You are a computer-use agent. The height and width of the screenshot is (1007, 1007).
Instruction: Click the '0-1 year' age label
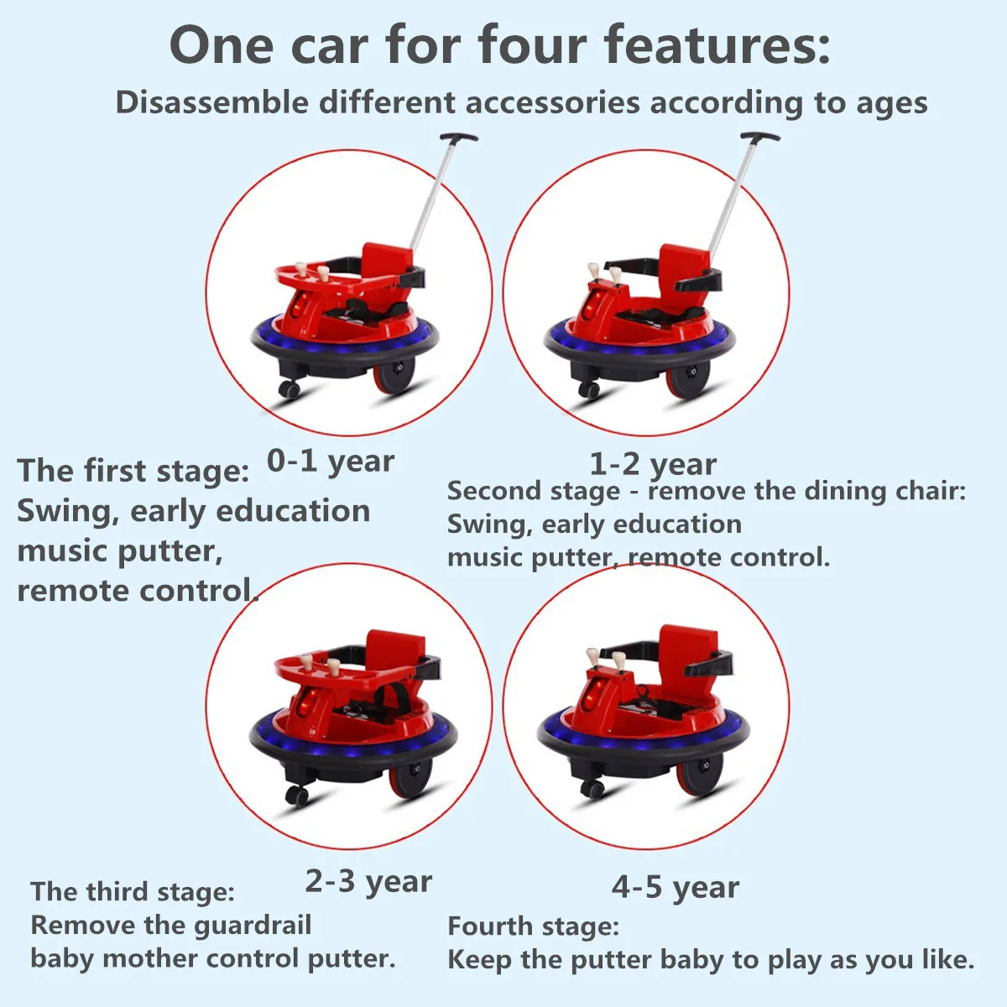pyautogui.click(x=331, y=462)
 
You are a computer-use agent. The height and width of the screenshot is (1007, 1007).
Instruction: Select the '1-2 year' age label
pyautogui.click(x=653, y=465)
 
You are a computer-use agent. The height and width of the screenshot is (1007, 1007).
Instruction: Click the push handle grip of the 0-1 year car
pyautogui.click(x=459, y=138)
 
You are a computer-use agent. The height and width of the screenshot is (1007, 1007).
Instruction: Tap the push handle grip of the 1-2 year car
pyautogui.click(x=760, y=137)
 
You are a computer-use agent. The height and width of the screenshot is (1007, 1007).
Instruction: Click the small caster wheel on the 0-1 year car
pyautogui.click(x=289, y=389)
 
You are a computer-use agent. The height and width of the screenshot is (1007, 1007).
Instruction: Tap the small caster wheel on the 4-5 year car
pyautogui.click(x=592, y=790)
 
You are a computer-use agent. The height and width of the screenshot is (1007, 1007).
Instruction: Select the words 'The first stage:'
pyautogui.click(x=133, y=470)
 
